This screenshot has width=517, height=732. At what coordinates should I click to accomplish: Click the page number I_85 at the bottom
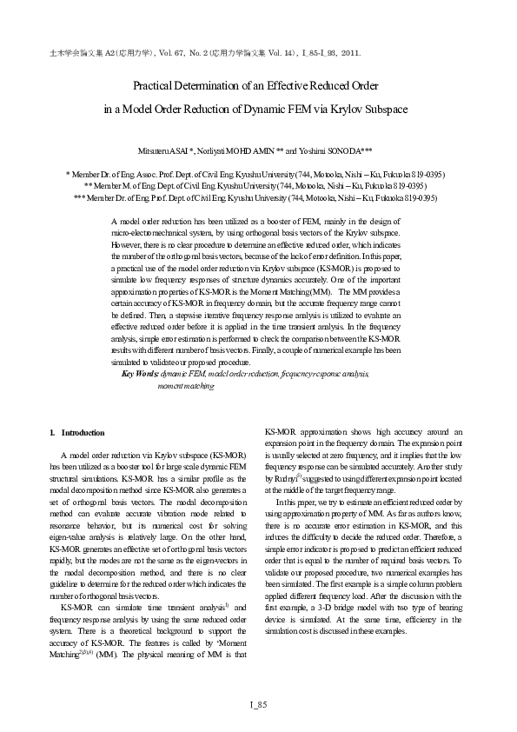[258, 703]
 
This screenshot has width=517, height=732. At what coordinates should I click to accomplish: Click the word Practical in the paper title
[155, 87]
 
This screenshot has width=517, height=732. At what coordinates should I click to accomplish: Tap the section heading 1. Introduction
[77, 432]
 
